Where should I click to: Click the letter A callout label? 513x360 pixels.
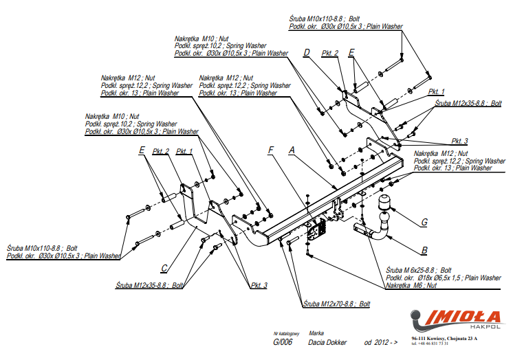click(x=292, y=149)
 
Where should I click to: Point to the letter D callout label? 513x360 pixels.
click(x=307, y=53)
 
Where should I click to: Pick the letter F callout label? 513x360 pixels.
click(x=271, y=149)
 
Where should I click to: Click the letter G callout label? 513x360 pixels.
click(x=424, y=222)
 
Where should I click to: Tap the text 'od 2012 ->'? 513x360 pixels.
click(x=380, y=342)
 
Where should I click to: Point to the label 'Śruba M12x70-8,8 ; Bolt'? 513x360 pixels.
click(x=337, y=303)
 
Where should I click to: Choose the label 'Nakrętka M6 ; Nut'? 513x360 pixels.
click(x=411, y=284)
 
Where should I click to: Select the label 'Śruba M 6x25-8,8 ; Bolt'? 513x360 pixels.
click(x=418, y=270)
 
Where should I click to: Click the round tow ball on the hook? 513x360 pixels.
click(x=383, y=203)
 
